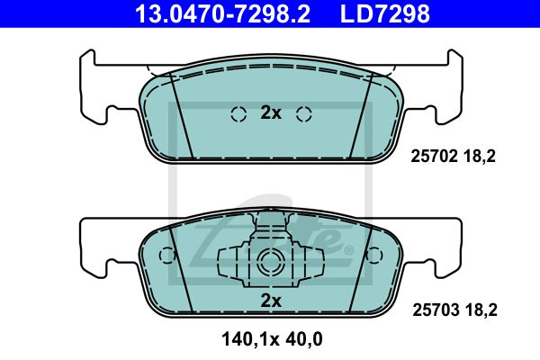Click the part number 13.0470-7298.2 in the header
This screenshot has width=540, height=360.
(x=223, y=13)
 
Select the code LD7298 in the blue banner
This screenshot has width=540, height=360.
(x=385, y=13)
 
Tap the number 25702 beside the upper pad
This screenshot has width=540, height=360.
(x=435, y=157)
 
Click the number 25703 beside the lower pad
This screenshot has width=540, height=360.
(x=436, y=310)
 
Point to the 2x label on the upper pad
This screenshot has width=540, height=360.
(x=271, y=112)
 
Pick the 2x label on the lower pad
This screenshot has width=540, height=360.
(x=271, y=301)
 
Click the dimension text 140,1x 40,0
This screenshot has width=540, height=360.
(x=272, y=339)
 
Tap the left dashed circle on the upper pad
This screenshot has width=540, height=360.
(x=238, y=114)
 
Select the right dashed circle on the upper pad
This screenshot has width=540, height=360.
(x=304, y=114)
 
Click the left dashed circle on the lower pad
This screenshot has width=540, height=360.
(x=167, y=256)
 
